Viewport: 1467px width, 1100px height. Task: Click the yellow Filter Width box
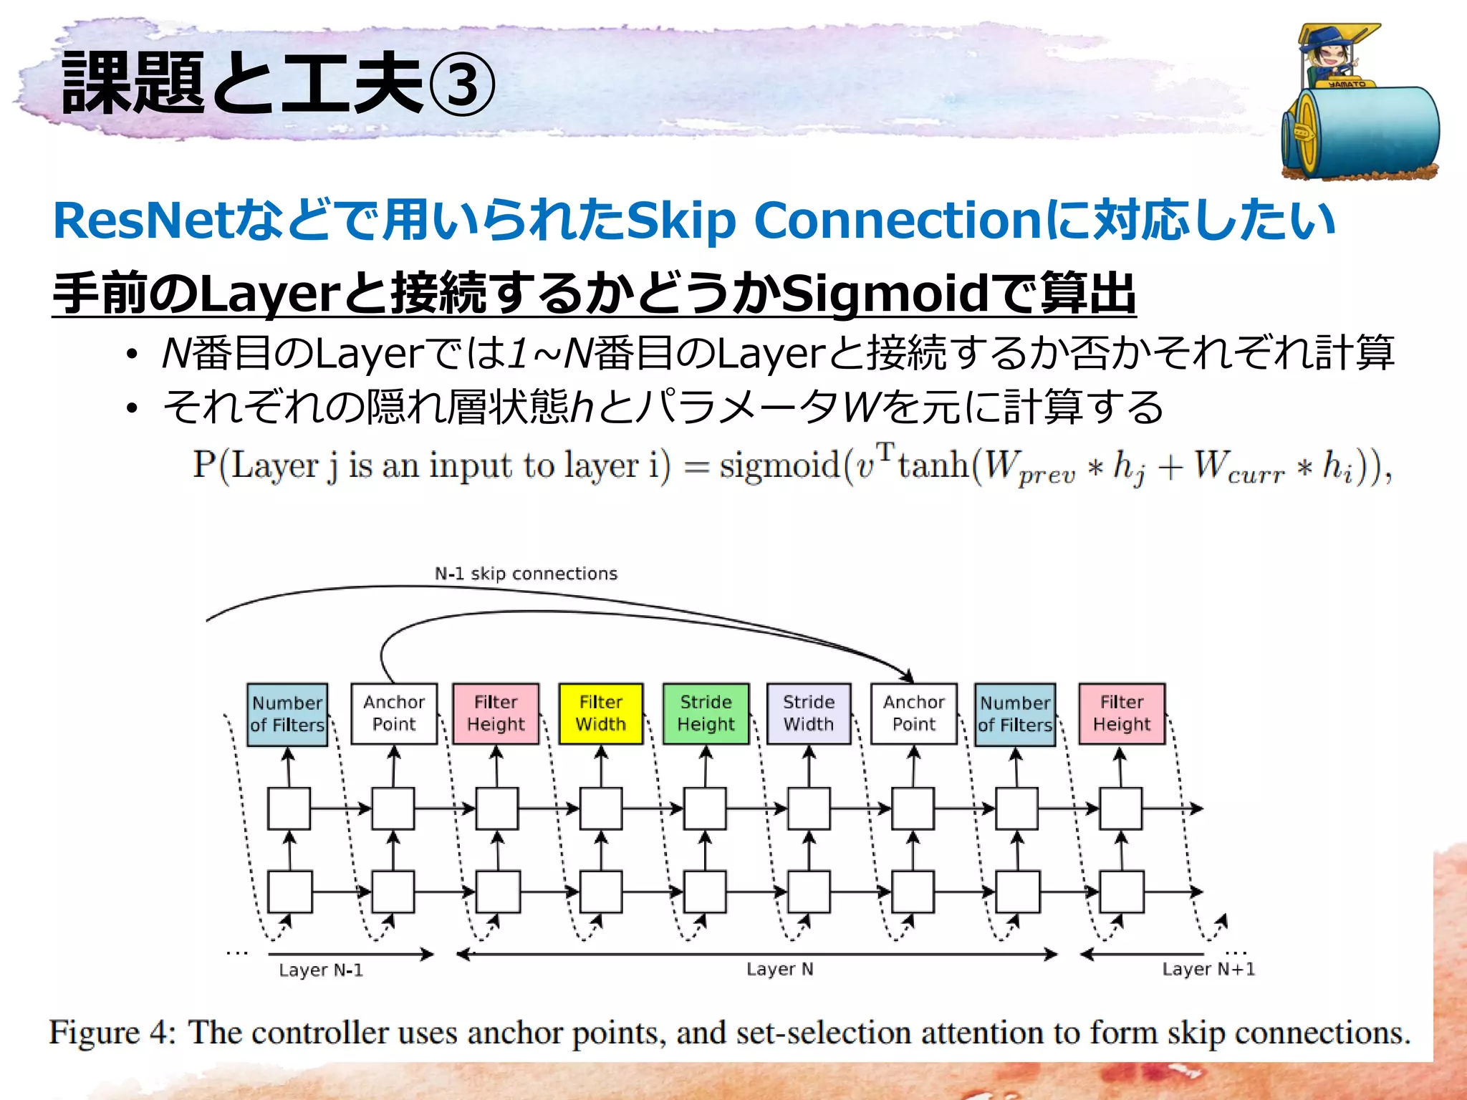pyautogui.click(x=600, y=713)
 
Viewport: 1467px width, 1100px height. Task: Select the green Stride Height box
pyautogui.click(x=706, y=713)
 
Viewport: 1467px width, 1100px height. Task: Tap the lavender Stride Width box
pyautogui.click(x=809, y=713)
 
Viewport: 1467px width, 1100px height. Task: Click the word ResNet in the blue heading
pyautogui.click(x=143, y=221)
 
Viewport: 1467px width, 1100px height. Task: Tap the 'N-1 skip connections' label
pyautogui.click(x=526, y=574)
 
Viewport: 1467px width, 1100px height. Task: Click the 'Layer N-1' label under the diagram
pyautogui.click(x=321, y=970)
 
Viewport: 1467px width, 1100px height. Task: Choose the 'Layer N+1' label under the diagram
pyautogui.click(x=1208, y=970)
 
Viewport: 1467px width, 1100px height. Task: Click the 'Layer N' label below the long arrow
pyautogui.click(x=779, y=970)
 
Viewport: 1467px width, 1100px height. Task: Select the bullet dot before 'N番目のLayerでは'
pyautogui.click(x=131, y=354)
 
